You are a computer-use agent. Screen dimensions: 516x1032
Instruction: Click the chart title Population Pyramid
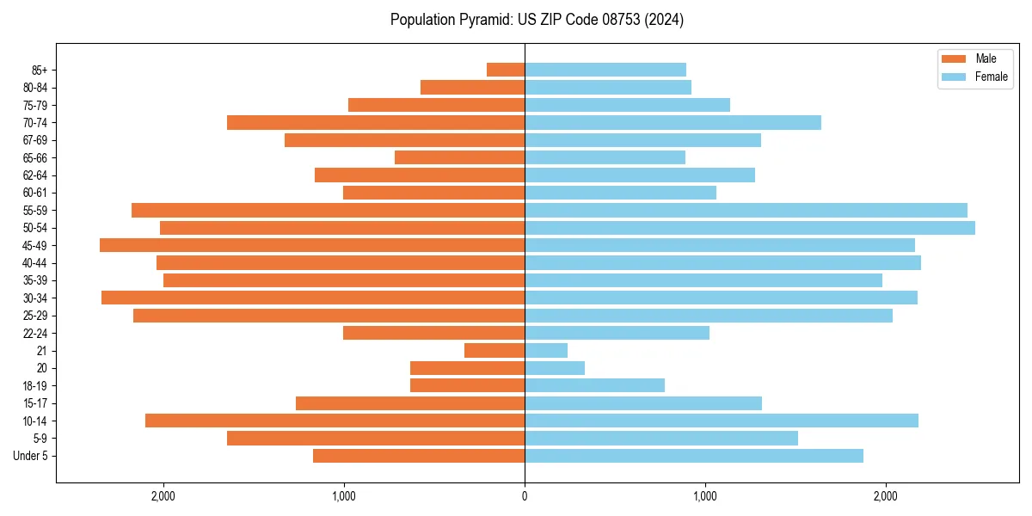537,20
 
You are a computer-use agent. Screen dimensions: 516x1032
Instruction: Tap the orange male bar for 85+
506,70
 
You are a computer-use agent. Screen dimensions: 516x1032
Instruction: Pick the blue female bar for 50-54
749,228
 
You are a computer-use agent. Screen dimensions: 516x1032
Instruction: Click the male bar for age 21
494,351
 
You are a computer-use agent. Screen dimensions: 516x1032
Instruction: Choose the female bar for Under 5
694,456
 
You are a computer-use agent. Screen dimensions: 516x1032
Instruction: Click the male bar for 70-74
376,122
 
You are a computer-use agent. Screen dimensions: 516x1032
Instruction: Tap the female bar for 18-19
594,385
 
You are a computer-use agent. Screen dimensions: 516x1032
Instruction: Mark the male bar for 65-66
459,157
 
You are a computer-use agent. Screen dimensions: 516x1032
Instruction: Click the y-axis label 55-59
35,211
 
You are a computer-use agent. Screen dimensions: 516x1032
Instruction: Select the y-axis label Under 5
30,456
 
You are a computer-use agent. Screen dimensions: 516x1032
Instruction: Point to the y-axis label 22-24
35,334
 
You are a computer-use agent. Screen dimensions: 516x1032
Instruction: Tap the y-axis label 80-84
35,88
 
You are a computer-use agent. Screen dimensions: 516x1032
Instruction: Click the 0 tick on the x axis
525,495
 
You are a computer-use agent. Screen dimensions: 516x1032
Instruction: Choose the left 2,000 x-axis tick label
163,495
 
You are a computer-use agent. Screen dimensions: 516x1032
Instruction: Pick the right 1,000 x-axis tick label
705,495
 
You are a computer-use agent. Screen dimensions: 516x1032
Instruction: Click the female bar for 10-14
722,421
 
